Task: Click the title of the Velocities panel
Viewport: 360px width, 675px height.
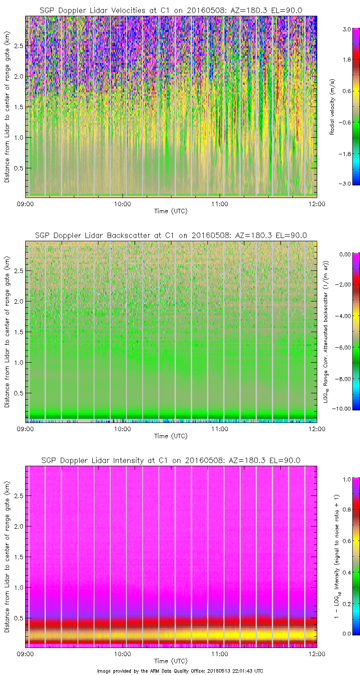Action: pyautogui.click(x=171, y=10)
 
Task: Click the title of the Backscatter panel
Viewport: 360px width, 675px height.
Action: pyautogui.click(x=171, y=235)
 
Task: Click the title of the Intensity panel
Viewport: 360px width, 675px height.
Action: pyautogui.click(x=171, y=460)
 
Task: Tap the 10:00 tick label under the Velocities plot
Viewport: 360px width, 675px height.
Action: pyautogui.click(x=122, y=203)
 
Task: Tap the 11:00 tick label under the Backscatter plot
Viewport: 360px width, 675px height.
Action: pyautogui.click(x=220, y=428)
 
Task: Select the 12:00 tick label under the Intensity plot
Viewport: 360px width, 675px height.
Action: pyautogui.click(x=317, y=653)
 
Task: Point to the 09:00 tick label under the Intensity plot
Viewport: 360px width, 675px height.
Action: pyautogui.click(x=25, y=653)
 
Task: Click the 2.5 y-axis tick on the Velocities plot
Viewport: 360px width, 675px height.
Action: pyautogui.click(x=18, y=45)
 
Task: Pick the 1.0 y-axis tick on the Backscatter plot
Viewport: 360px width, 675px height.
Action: pyautogui.click(x=18, y=362)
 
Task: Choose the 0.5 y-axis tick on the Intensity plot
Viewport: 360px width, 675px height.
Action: pyautogui.click(x=18, y=618)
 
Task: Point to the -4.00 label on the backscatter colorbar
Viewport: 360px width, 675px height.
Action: pyautogui.click(x=345, y=316)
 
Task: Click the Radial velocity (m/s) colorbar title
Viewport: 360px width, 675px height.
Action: pyautogui.click(x=332, y=107)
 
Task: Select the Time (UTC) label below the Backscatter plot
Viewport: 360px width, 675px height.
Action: pyautogui.click(x=171, y=436)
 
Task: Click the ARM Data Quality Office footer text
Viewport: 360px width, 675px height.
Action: pyautogui.click(x=180, y=671)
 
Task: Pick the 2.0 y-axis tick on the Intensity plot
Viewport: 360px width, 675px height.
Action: pyautogui.click(x=18, y=526)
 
